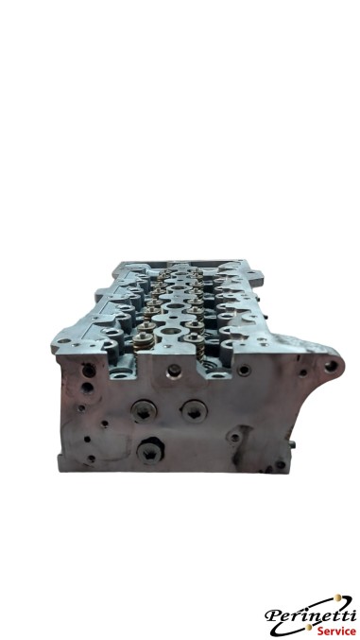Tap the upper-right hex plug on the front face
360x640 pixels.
tap(197, 406)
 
